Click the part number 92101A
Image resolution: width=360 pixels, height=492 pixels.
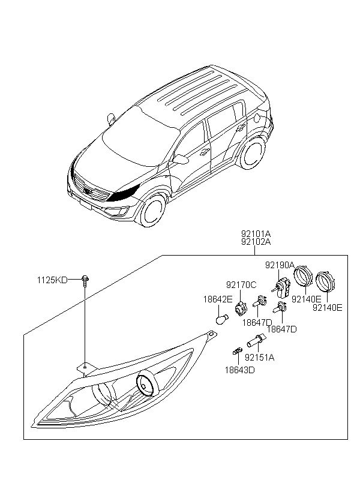point(256,234)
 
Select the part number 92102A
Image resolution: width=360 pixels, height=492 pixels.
point(256,242)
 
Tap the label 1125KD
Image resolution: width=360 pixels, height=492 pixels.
point(52,280)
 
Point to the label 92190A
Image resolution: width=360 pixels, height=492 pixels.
point(280,265)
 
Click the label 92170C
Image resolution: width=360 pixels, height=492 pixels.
point(241,285)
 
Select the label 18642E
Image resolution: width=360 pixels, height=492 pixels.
point(218,299)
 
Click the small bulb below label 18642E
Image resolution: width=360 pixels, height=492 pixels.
point(223,320)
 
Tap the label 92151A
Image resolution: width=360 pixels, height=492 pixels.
point(260,358)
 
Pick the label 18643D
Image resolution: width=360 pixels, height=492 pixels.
point(240,370)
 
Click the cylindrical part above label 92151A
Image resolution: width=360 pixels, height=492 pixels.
point(256,340)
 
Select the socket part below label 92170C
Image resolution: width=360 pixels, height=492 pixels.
point(241,307)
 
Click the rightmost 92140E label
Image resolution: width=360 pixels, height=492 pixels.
point(328,308)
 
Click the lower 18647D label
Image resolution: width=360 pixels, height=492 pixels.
point(282,329)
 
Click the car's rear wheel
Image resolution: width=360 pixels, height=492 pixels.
point(253,153)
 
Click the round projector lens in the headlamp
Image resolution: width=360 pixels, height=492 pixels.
point(145,385)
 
